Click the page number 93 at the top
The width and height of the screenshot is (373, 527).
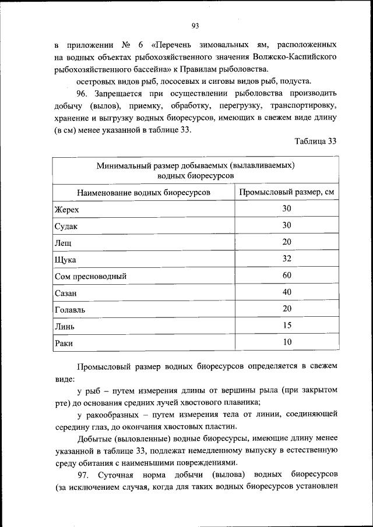point(195,24)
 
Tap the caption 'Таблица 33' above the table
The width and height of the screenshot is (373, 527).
point(315,141)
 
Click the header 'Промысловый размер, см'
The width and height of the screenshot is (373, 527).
point(287,192)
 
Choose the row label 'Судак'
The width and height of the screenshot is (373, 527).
point(66,226)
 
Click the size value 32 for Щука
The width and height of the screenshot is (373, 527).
point(287,259)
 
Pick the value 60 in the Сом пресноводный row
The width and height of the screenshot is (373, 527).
point(287,275)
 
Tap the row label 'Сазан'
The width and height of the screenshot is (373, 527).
point(66,293)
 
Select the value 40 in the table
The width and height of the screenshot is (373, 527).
point(287,292)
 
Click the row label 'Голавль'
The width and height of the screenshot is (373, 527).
point(69,310)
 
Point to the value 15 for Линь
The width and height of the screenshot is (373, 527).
point(287,326)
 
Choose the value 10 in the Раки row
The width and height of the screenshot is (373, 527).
point(287,342)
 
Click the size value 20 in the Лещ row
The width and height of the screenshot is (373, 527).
point(287,242)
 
